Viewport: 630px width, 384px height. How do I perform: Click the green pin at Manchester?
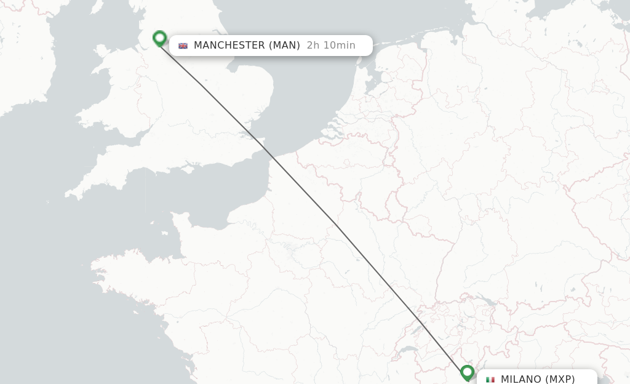click(159, 39)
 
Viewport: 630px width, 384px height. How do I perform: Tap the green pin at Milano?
click(467, 372)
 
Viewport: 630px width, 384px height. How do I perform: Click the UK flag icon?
click(183, 46)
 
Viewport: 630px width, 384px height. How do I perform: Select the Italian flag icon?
click(490, 380)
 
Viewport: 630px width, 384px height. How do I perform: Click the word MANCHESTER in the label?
click(229, 46)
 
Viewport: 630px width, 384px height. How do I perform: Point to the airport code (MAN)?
click(284, 46)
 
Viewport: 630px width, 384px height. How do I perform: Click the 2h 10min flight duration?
click(331, 46)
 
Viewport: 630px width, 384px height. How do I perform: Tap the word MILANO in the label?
click(521, 379)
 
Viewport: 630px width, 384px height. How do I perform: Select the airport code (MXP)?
click(560, 379)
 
